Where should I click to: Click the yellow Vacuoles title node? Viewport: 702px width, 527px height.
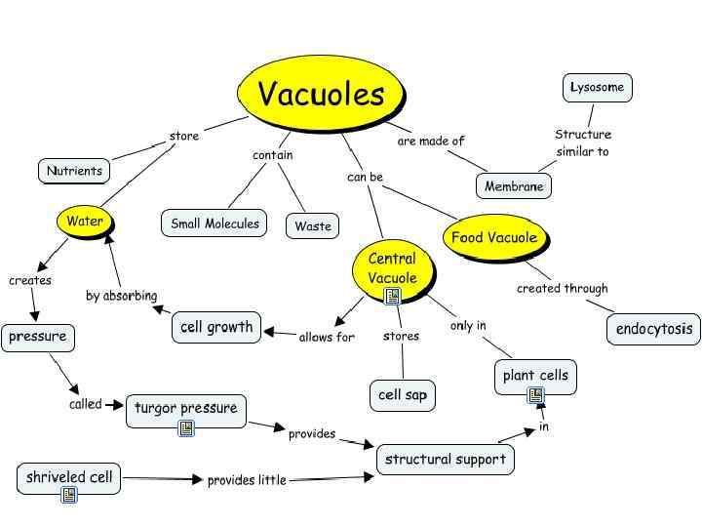click(321, 94)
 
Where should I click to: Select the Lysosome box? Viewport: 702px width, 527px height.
click(598, 88)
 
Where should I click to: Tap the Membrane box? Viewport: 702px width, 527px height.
click(514, 185)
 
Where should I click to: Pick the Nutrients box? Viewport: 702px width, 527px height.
click(74, 172)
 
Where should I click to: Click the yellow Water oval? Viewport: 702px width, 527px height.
click(85, 222)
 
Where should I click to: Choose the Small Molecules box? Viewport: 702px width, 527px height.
click(214, 223)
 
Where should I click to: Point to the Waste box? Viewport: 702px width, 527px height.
click(313, 226)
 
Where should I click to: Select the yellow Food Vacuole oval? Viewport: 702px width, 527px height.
click(493, 237)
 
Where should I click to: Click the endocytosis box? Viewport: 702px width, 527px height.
click(654, 329)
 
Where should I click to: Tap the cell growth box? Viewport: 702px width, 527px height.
click(216, 328)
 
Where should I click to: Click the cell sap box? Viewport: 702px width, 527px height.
click(403, 395)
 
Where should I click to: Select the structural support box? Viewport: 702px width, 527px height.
click(446, 460)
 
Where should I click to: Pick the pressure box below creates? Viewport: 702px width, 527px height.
click(38, 338)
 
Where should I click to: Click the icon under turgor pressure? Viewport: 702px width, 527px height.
click(186, 427)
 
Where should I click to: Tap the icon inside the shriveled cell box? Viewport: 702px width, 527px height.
click(69, 495)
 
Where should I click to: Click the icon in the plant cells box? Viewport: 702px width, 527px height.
click(535, 395)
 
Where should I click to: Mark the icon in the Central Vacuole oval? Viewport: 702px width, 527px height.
click(392, 296)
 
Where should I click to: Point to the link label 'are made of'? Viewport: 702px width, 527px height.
click(431, 142)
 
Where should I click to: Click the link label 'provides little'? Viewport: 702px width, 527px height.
click(247, 480)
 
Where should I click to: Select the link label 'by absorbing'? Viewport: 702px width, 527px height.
click(121, 296)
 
